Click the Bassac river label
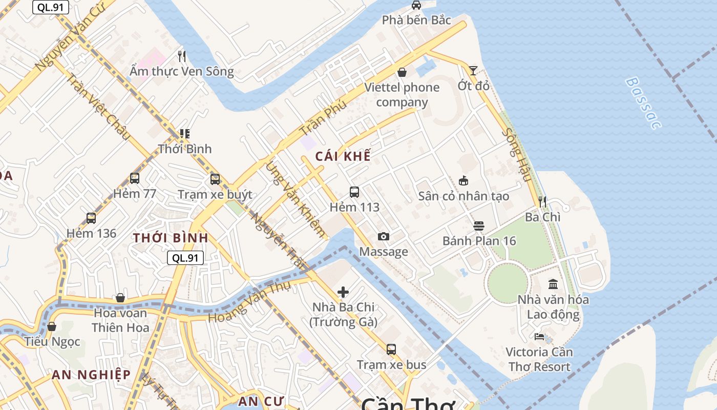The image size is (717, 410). click(x=644, y=103)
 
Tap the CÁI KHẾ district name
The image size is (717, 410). click(x=343, y=156)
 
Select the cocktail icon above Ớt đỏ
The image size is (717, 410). click(x=473, y=71)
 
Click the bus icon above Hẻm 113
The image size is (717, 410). click(x=354, y=192)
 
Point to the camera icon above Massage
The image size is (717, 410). click(x=383, y=236)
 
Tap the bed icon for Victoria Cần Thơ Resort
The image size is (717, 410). click(x=539, y=337)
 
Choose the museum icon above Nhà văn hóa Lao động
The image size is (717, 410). click(x=553, y=284)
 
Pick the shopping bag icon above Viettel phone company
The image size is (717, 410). click(x=402, y=72)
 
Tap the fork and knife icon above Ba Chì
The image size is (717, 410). click(x=543, y=201)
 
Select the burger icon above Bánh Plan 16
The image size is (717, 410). click(x=479, y=225)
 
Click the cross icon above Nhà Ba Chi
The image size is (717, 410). click(x=343, y=292)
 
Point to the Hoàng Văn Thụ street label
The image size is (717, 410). click(x=249, y=302)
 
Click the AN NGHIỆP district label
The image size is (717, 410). click(x=91, y=375)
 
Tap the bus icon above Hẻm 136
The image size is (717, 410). click(x=91, y=218)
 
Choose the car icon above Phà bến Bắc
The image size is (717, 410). click(x=416, y=5)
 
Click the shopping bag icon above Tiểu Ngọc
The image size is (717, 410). click(x=52, y=326)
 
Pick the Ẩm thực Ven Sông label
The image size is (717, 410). click(x=181, y=71)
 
